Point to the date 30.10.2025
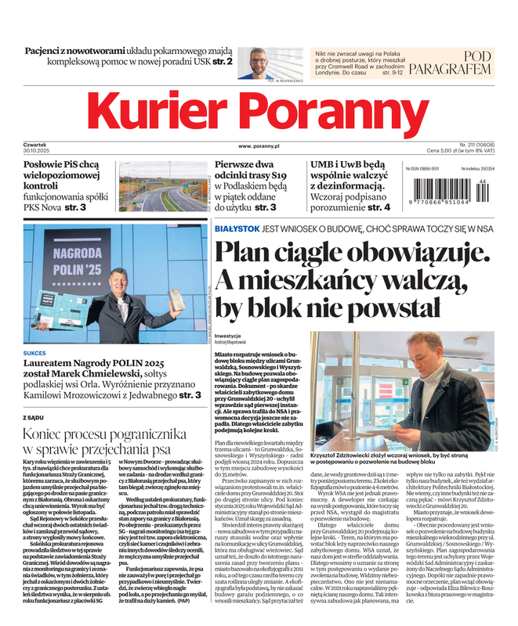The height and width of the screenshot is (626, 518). click(x=40, y=150)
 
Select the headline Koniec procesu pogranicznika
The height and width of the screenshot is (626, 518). click(x=103, y=433)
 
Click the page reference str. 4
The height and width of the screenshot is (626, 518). click(x=378, y=207)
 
